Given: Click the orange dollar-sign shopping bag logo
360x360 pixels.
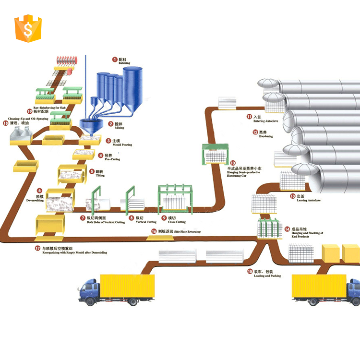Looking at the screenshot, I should click(28, 28).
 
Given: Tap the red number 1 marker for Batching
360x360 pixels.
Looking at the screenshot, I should click(115, 59).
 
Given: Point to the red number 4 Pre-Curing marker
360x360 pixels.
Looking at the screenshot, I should click(101, 155).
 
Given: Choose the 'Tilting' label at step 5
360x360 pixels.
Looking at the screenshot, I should click(100, 175).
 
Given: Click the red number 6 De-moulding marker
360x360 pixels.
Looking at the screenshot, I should click(40, 191).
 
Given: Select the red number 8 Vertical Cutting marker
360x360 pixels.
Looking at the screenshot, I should click(131, 217).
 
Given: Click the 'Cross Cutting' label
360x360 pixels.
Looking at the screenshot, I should click(177, 222).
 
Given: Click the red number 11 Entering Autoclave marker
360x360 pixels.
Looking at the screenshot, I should click(249, 117).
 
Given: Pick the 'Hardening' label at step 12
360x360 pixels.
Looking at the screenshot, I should click(265, 136).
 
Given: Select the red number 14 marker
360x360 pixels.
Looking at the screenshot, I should click(287, 229).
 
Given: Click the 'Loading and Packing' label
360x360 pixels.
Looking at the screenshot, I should click(267, 276).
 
